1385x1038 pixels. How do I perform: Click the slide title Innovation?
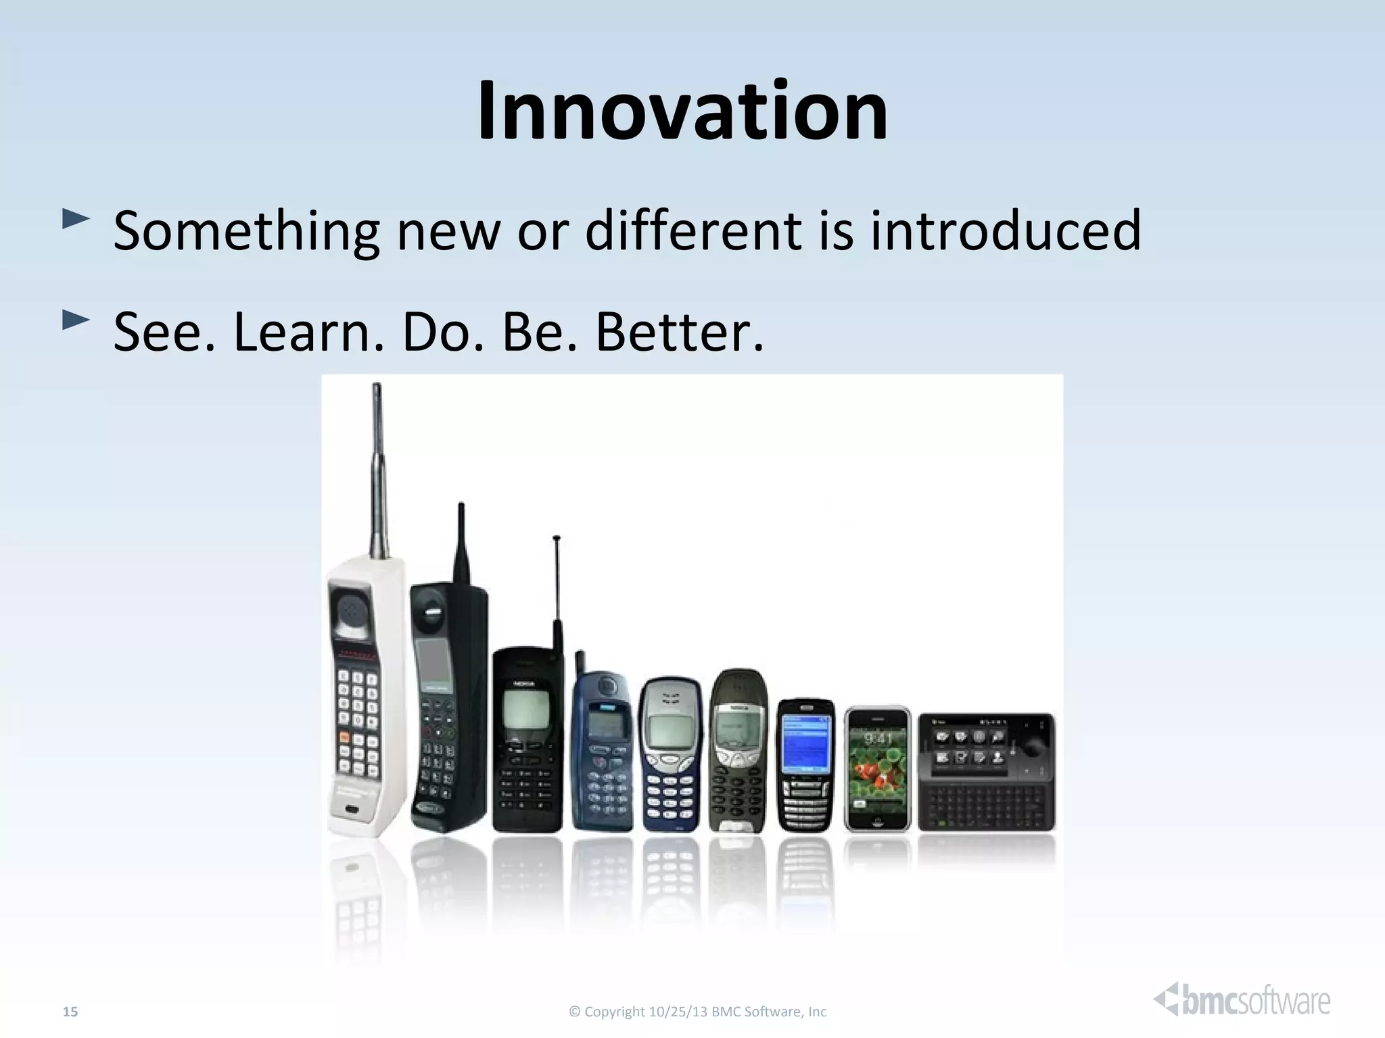pos(682,112)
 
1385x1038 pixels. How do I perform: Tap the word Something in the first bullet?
pos(245,231)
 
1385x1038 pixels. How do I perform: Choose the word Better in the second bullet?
pos(679,332)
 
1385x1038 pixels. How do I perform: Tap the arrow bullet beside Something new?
pos(75,218)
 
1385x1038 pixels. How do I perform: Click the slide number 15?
pos(70,1012)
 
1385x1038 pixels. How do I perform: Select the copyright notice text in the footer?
pos(698,1012)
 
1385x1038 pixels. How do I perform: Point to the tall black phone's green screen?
pos(433,661)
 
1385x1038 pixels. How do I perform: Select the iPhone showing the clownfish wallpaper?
pos(877,769)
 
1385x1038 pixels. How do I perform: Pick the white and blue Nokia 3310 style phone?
pos(669,757)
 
